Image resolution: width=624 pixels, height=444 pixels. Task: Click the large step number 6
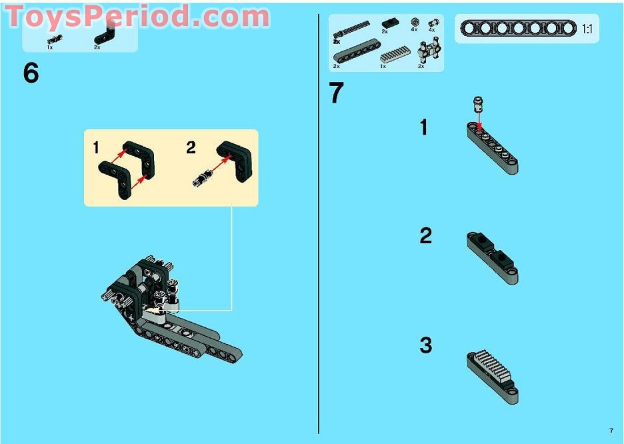click(31, 73)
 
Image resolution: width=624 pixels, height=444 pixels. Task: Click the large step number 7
click(336, 93)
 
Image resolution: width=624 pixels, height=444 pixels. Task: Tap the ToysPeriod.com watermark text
click(138, 17)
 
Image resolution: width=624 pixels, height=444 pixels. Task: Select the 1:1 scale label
click(587, 29)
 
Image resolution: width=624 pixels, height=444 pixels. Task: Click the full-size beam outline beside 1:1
click(518, 29)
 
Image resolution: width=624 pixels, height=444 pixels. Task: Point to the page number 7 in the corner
click(611, 431)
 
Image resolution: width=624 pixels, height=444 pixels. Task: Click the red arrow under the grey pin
click(479, 121)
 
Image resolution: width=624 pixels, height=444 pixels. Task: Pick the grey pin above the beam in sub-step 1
click(479, 103)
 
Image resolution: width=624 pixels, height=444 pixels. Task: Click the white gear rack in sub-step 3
click(491, 365)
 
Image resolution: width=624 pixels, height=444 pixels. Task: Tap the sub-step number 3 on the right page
click(426, 345)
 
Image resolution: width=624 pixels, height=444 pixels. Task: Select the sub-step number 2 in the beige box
click(191, 147)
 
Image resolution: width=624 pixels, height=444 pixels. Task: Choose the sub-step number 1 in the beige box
click(95, 147)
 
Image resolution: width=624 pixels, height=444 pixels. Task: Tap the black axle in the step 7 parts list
click(351, 30)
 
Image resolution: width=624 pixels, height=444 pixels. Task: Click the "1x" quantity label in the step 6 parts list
click(50, 47)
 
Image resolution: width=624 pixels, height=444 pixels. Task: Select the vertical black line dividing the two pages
click(319, 224)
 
